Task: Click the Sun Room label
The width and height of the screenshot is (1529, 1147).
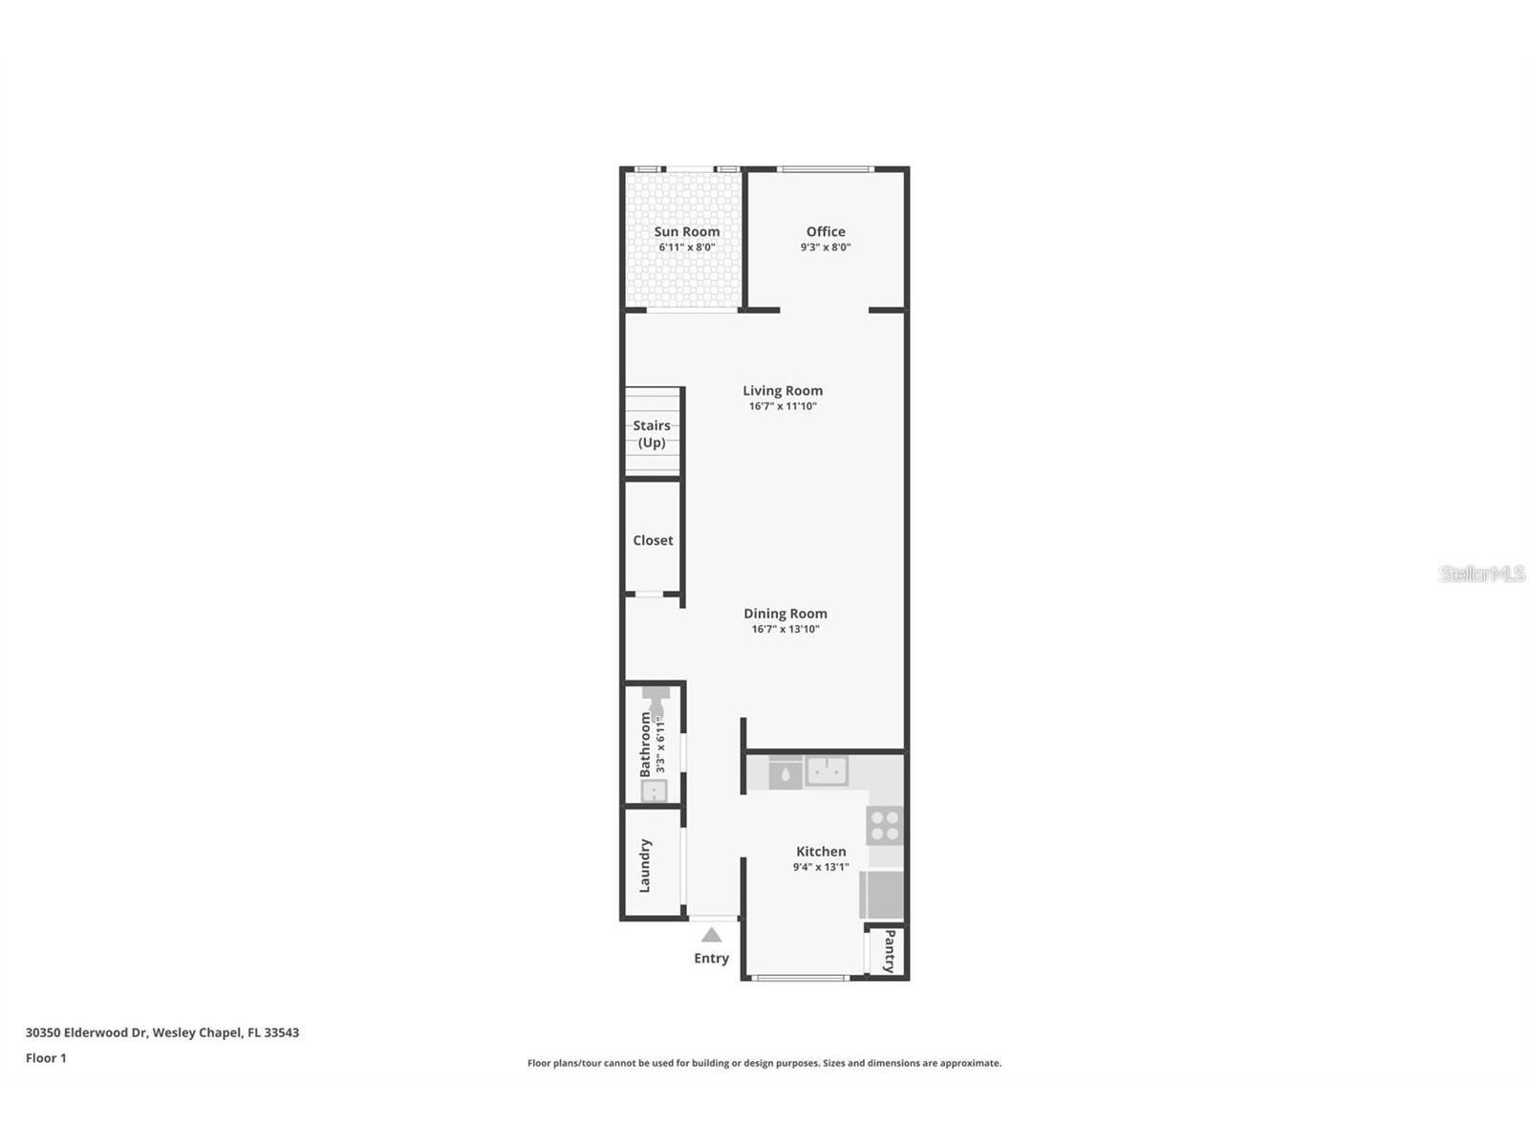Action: click(686, 231)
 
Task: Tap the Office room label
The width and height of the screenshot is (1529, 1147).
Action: click(826, 231)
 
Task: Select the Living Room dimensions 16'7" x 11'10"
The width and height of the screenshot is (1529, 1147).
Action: click(783, 406)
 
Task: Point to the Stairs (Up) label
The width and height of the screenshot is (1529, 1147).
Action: click(652, 434)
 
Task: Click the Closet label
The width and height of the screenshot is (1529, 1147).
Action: click(653, 540)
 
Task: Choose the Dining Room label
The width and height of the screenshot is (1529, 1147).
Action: click(786, 614)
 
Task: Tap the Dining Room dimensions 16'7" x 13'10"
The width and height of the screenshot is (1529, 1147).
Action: click(786, 629)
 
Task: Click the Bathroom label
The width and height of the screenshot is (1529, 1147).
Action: click(645, 744)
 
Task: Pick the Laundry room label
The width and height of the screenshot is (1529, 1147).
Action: click(645, 865)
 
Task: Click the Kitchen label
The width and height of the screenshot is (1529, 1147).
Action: click(821, 852)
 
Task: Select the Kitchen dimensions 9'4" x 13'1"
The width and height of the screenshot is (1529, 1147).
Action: click(821, 867)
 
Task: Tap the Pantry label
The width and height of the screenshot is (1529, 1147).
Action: click(890, 951)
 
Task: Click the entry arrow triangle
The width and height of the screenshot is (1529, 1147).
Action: click(712, 935)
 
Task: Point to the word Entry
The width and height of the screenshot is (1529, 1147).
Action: click(711, 958)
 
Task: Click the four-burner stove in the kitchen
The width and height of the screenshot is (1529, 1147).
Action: click(885, 826)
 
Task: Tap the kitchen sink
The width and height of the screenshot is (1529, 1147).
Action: click(827, 769)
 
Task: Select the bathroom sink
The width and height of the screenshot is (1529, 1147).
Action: click(654, 790)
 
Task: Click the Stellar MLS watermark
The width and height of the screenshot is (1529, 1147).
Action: click(1482, 573)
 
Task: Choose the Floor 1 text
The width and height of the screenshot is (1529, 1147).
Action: click(46, 1058)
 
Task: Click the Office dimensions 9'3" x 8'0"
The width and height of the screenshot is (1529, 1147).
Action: click(826, 247)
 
